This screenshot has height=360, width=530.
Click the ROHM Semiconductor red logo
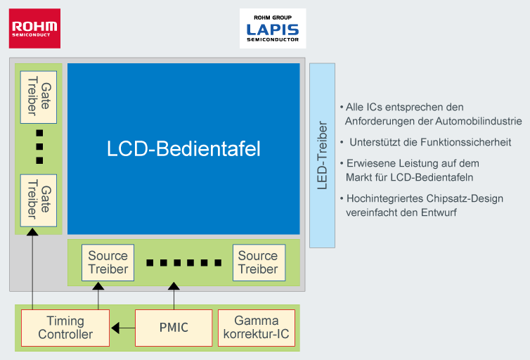pyautogui.click(x=34, y=28)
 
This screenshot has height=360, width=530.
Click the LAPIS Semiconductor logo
pyautogui.click(x=273, y=29)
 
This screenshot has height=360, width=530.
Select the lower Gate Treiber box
pyautogui.click(x=39, y=200)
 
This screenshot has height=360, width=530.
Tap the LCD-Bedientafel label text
pyautogui.click(x=183, y=149)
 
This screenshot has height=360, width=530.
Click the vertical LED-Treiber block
pyautogui.click(x=322, y=155)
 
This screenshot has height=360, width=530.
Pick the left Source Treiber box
pyautogui.click(x=108, y=262)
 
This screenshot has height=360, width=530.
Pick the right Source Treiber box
pyautogui.click(x=258, y=262)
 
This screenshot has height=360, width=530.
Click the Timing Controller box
pyautogui.click(x=65, y=328)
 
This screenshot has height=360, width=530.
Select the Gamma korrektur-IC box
pyautogui.click(x=256, y=328)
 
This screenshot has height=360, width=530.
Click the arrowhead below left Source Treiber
pyautogui.click(x=98, y=285)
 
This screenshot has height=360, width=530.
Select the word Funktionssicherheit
pyautogui.click(x=465, y=142)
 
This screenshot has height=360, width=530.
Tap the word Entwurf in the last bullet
pyautogui.click(x=438, y=212)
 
